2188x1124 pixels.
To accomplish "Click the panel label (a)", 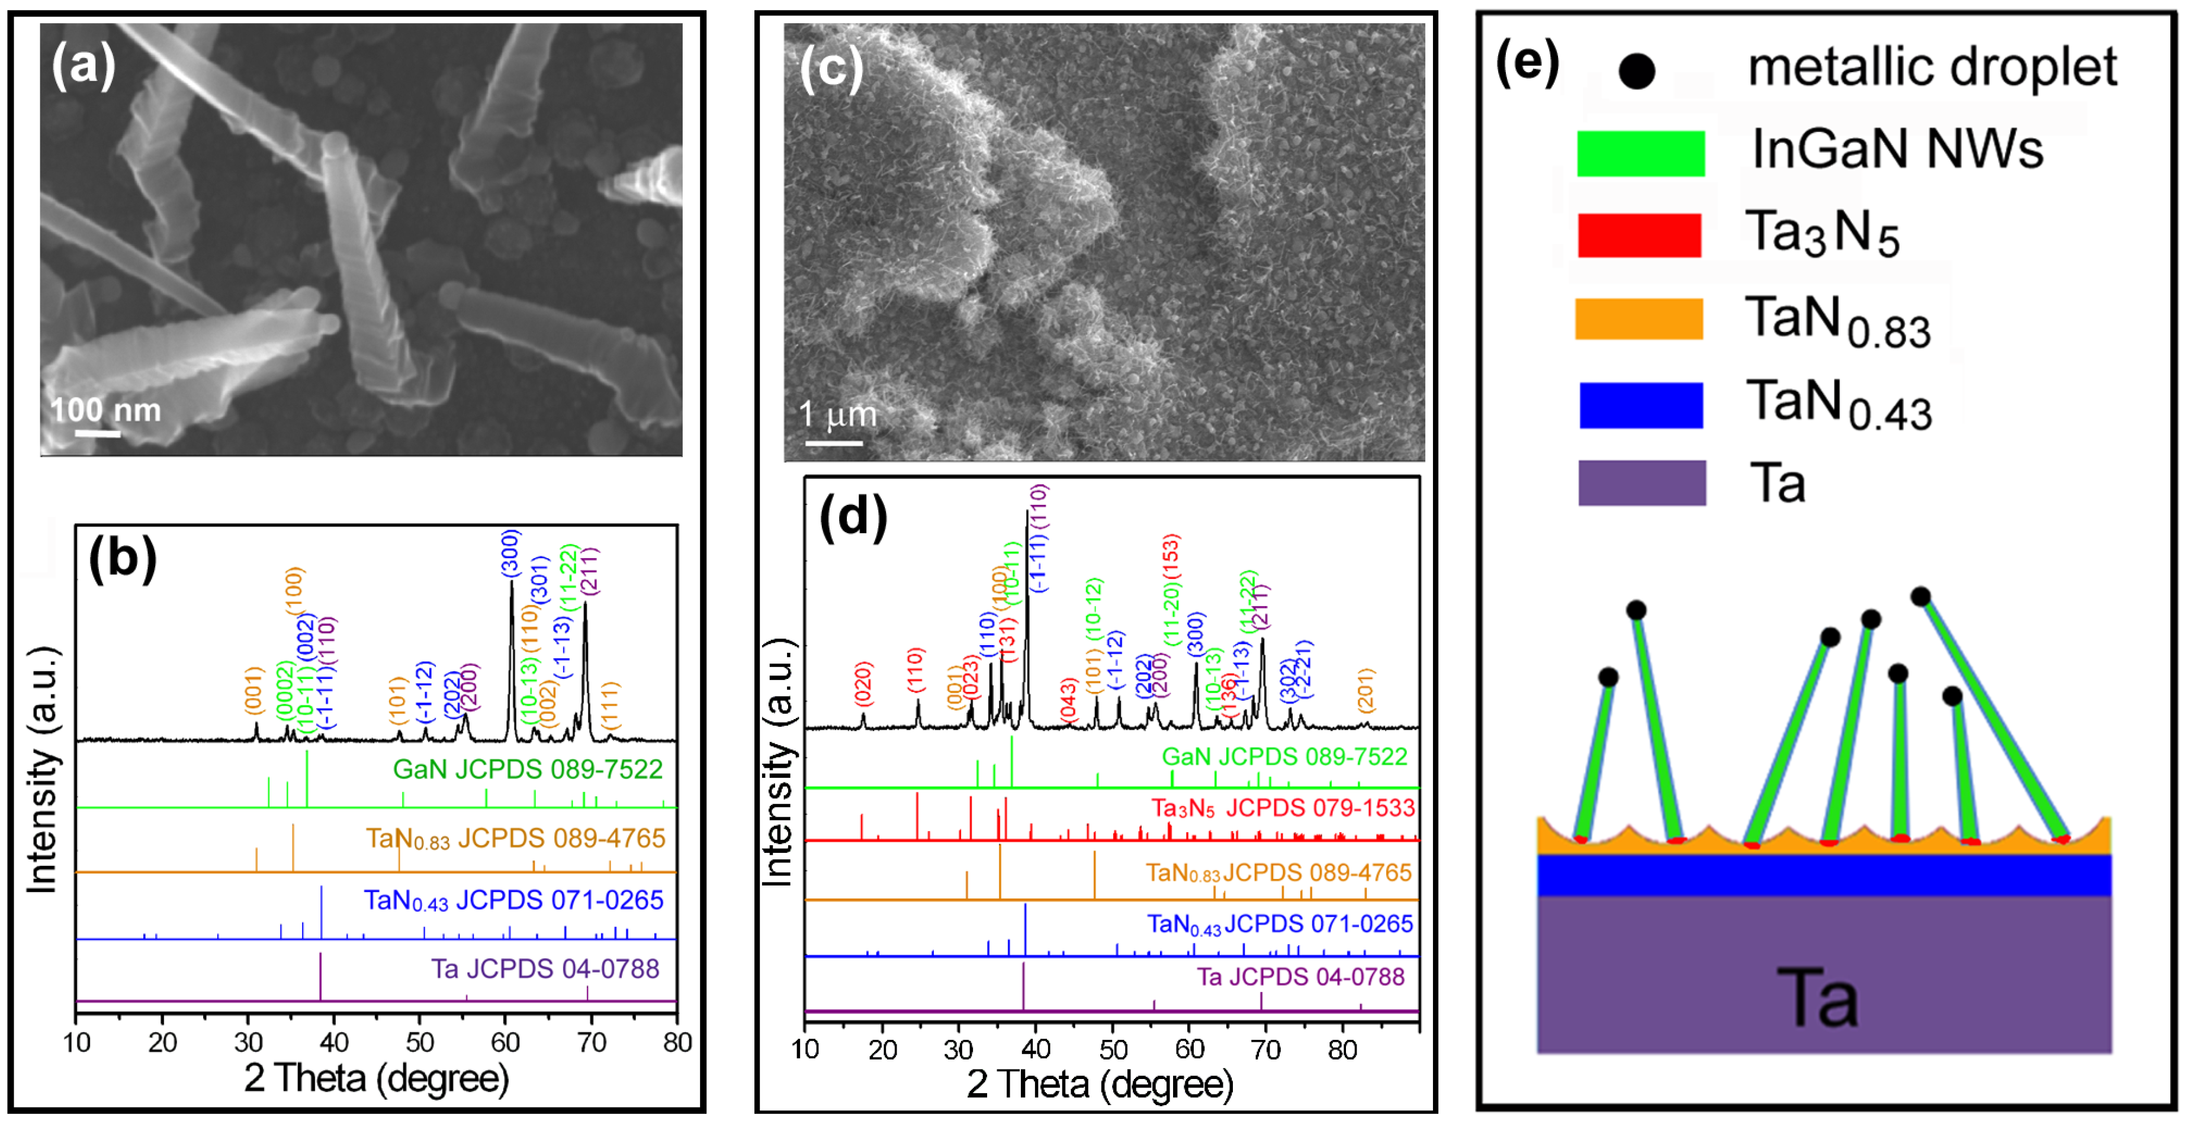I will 83,66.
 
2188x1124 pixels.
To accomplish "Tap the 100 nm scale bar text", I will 105,411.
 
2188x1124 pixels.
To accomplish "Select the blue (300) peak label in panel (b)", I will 510,553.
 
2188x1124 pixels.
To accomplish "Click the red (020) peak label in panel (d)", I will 863,684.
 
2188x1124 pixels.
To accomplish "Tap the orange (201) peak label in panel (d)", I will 1365,690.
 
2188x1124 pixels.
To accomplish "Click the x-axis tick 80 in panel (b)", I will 677,1042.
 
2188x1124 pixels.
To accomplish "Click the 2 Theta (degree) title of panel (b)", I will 376,1079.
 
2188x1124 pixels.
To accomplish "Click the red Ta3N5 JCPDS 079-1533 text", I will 1283,807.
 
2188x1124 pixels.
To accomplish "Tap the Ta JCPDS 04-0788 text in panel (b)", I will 544,969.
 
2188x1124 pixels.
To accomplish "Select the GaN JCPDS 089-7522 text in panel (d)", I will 1284,756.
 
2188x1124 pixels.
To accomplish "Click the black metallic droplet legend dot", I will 1637,71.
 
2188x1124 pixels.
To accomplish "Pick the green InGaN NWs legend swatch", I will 1640,154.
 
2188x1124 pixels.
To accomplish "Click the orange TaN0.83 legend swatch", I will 1638,319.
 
